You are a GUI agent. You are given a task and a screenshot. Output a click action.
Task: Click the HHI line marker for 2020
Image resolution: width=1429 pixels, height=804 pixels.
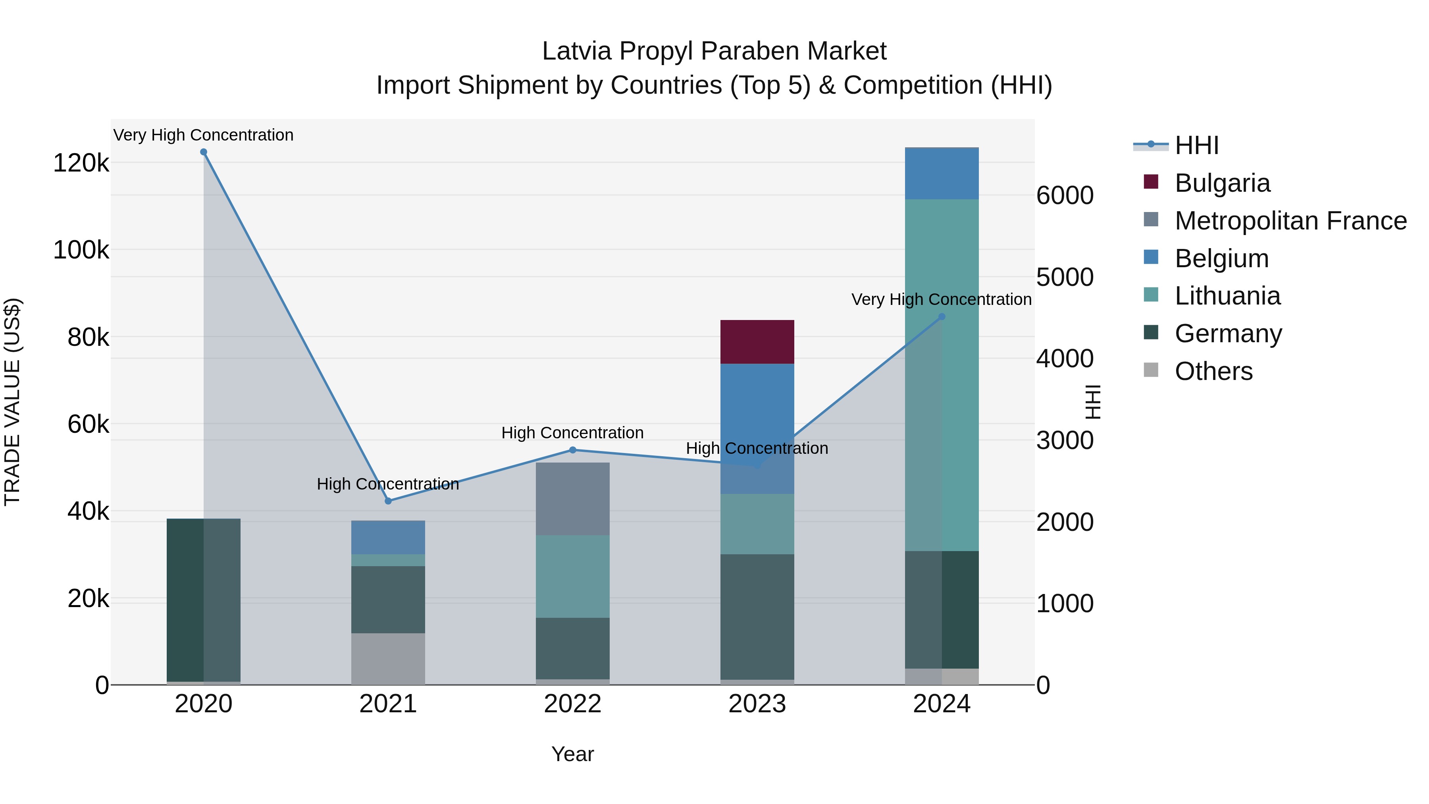tap(204, 152)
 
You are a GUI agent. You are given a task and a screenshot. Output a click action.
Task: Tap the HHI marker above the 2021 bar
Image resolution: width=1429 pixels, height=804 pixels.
tap(388, 501)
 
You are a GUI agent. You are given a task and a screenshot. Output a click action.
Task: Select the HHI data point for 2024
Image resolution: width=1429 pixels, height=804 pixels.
tap(942, 317)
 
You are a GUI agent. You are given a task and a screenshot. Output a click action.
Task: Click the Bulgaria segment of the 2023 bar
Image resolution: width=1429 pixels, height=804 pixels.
tap(757, 342)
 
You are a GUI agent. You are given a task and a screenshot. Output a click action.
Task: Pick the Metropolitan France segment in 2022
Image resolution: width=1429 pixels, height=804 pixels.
tap(572, 499)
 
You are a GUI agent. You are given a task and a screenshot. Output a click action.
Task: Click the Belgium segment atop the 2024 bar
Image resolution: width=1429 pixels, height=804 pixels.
tap(942, 174)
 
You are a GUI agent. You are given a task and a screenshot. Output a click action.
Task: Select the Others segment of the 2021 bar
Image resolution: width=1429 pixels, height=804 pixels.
tap(388, 659)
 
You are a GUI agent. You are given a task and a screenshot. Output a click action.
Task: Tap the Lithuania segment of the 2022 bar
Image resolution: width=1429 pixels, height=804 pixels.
tap(572, 576)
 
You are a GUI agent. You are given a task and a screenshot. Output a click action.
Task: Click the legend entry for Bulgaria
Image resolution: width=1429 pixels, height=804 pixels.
tap(1222, 183)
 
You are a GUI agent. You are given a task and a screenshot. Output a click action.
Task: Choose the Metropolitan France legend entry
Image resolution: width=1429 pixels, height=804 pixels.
tap(1290, 221)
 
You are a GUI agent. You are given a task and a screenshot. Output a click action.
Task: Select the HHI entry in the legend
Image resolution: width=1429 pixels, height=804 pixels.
tap(1196, 145)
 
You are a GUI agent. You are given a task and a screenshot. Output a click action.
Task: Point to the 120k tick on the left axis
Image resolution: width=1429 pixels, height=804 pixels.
tap(81, 163)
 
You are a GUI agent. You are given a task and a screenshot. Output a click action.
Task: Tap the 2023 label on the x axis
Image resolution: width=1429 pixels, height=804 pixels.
tap(757, 704)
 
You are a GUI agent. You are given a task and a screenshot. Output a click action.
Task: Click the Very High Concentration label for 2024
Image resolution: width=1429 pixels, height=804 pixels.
tap(942, 300)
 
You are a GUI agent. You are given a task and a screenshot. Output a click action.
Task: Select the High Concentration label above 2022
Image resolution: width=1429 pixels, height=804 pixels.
tap(572, 433)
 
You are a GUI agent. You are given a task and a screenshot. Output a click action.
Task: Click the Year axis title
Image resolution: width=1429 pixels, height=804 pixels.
tap(572, 754)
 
